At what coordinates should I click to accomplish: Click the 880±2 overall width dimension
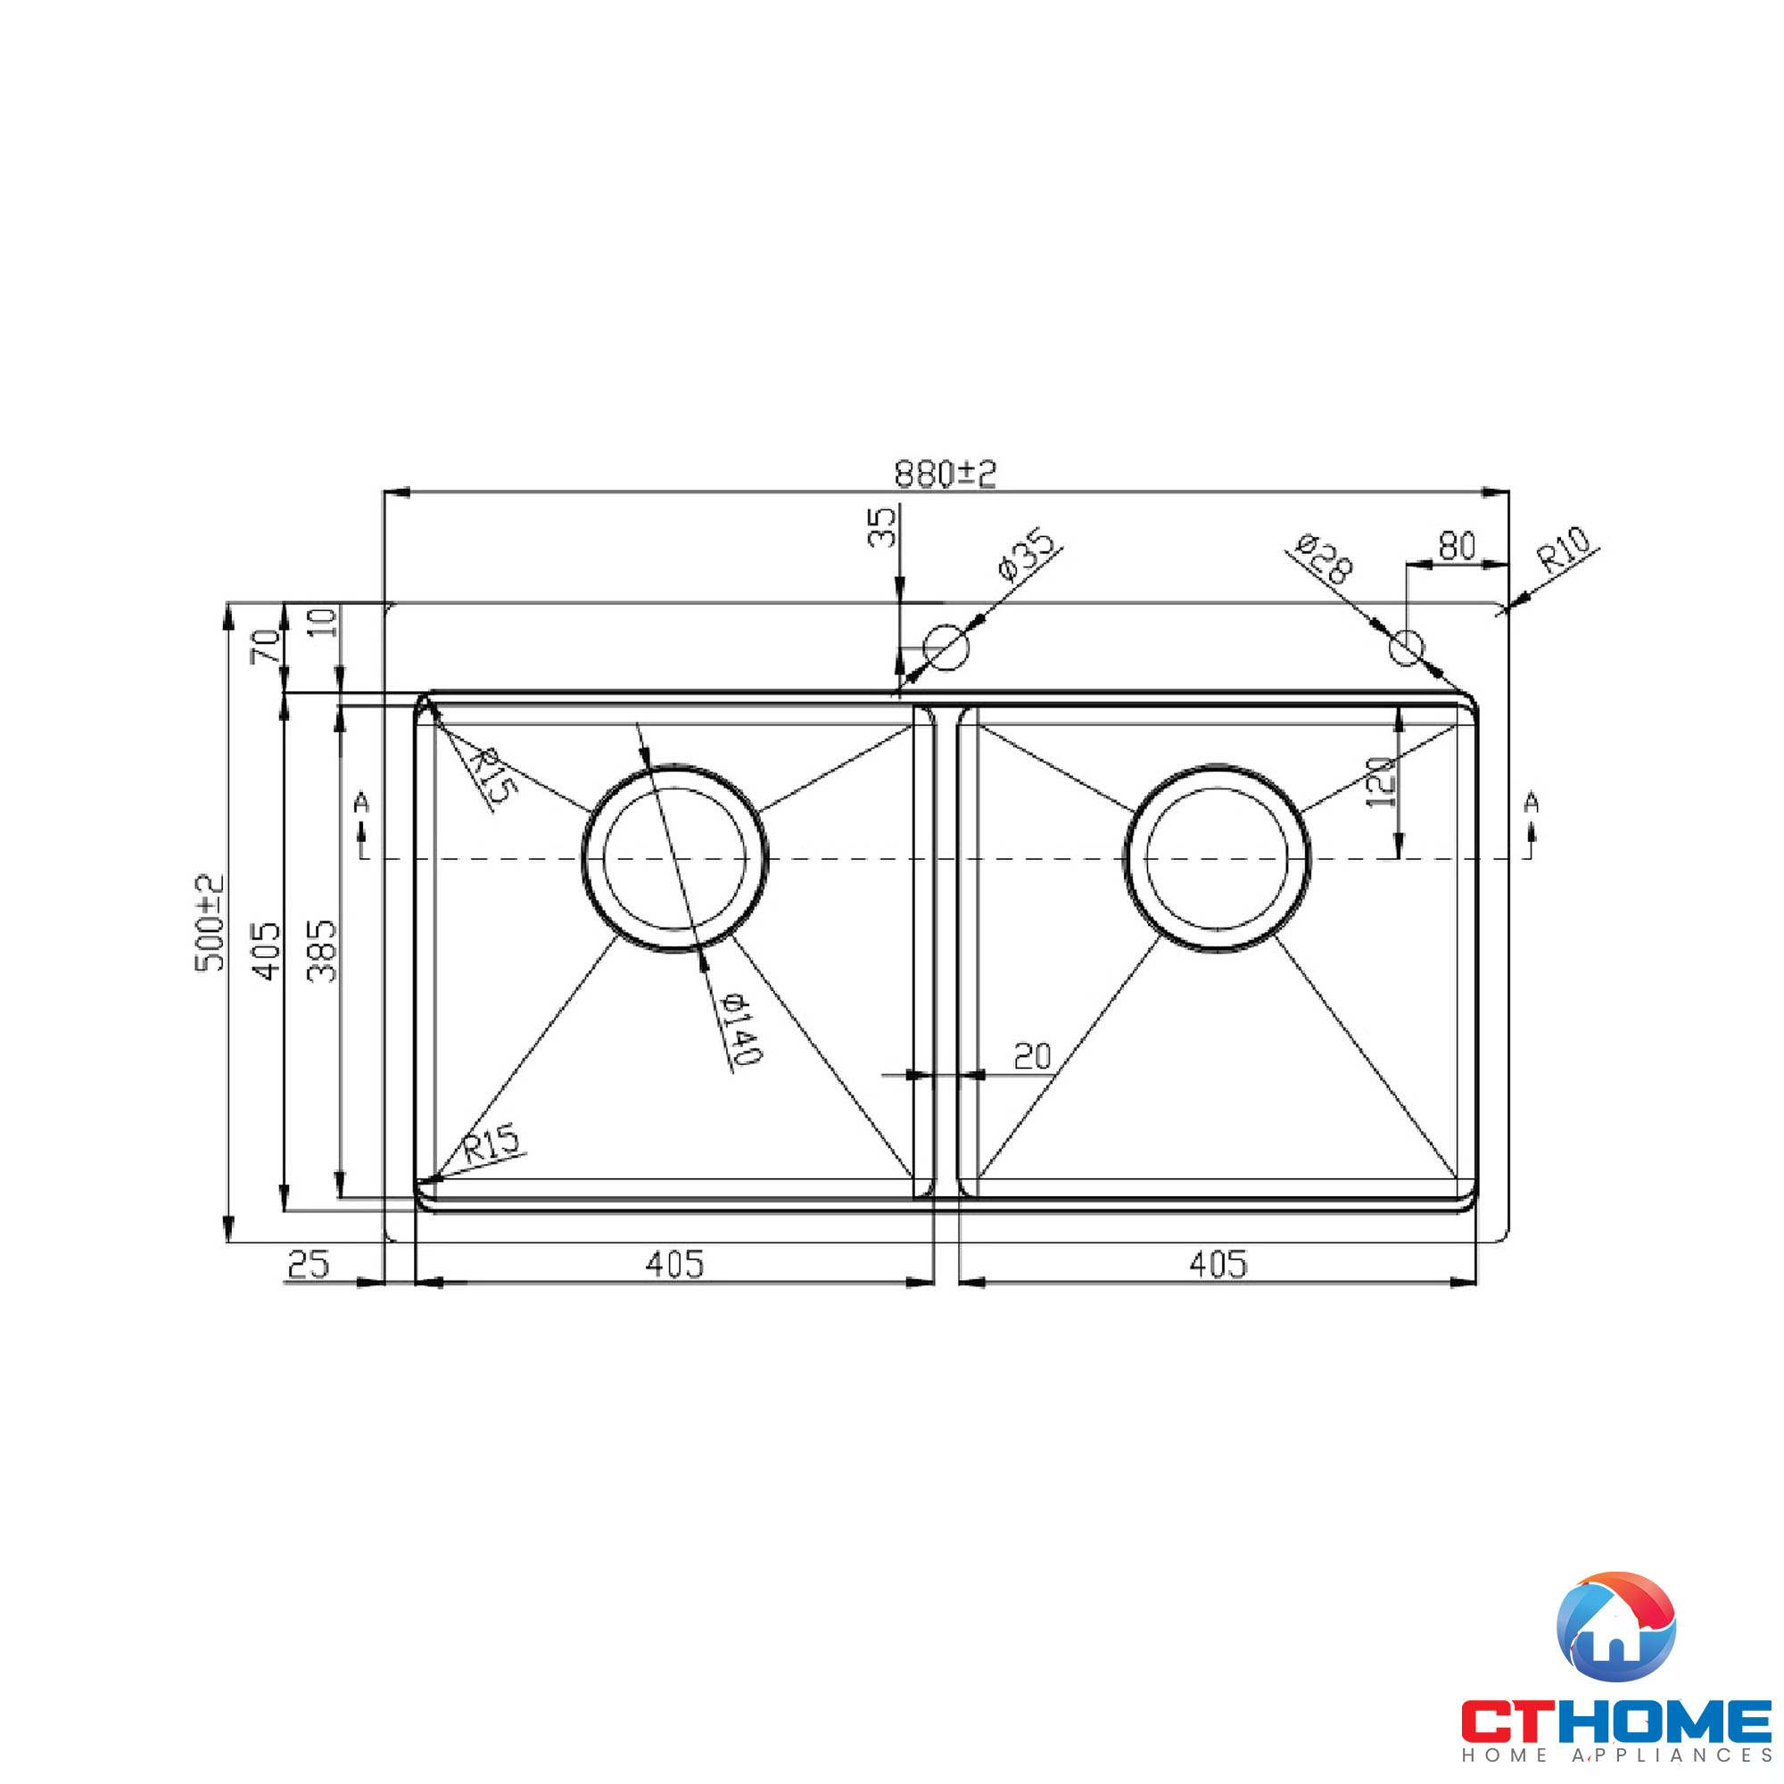pos(945,475)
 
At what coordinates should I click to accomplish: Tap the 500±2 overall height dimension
pos(211,922)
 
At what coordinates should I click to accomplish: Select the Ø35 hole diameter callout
pos(1026,554)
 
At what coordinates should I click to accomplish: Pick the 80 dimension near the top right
pos(1457,547)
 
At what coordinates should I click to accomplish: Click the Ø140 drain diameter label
pos(740,1028)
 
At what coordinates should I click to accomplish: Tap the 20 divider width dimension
pos(1031,1055)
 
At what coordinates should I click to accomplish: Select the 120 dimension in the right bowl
pos(1381,782)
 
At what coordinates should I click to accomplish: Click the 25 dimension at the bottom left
pos(308,1264)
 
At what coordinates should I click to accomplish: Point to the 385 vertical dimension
pos(323,950)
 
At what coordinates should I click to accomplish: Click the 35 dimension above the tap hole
pos(883,526)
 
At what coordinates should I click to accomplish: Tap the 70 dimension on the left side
pos(266,646)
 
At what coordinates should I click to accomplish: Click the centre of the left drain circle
pos(674,858)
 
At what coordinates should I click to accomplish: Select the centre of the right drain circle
pos(1216,858)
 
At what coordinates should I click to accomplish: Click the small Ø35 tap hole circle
pos(946,647)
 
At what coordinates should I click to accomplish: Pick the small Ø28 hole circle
pos(1407,648)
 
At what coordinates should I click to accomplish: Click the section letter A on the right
pos(1531,803)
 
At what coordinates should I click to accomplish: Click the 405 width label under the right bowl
pos(1218,1264)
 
